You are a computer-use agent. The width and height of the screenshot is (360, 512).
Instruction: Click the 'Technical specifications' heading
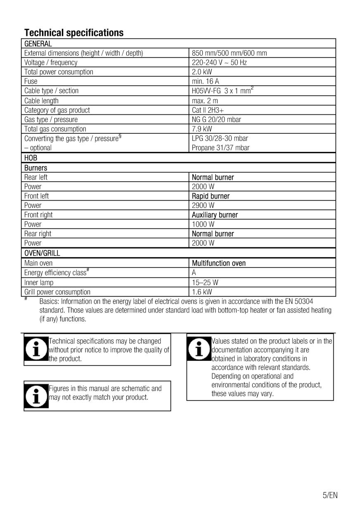(74, 33)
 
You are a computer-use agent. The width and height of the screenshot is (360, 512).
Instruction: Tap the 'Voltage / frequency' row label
(51, 62)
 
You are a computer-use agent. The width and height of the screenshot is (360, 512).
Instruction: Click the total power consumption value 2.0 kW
(202, 72)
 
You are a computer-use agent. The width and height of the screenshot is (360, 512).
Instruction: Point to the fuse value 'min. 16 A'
(206, 81)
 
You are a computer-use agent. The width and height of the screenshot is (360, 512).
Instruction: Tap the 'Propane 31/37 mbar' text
(220, 148)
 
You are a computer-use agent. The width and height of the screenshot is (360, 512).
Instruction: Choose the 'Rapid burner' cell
(211, 196)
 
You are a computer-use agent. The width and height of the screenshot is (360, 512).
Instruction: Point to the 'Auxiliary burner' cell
(215, 215)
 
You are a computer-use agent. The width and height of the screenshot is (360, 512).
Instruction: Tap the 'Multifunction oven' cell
(219, 263)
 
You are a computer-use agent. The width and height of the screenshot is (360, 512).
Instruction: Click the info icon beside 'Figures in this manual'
(36, 396)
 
